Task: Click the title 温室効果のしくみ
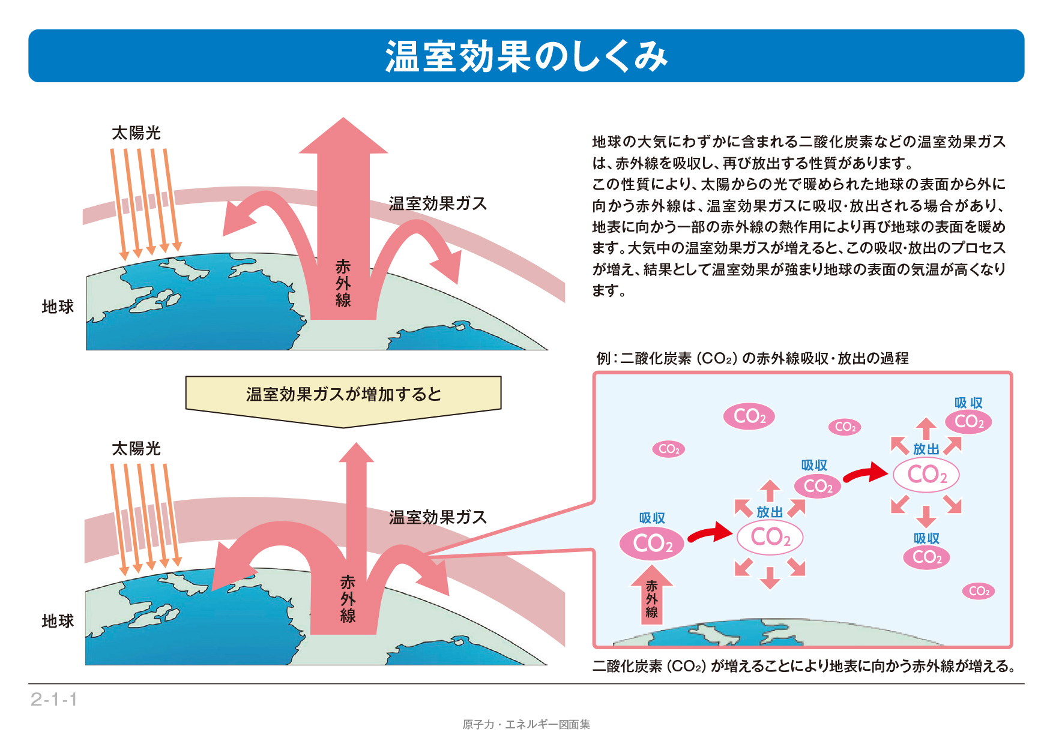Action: coord(526,56)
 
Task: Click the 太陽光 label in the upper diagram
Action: coord(136,133)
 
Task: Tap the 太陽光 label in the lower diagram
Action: coord(136,448)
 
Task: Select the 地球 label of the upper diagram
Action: coord(58,307)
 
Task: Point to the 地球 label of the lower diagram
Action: coord(58,621)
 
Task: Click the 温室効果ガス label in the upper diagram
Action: coord(437,203)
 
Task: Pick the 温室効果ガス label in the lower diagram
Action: coord(437,517)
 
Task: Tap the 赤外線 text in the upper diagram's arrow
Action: coord(343,283)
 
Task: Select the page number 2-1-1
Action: coord(54,699)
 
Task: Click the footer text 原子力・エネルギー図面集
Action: coord(526,724)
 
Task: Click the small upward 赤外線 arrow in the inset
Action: coord(651,596)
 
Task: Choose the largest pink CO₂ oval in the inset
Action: coord(651,544)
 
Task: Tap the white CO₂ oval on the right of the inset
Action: coord(926,475)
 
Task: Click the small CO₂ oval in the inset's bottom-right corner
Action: coord(979,591)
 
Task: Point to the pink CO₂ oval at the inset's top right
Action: coord(968,422)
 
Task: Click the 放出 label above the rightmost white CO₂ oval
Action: coord(926,449)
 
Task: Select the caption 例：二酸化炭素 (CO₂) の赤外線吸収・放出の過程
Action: coord(752,358)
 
